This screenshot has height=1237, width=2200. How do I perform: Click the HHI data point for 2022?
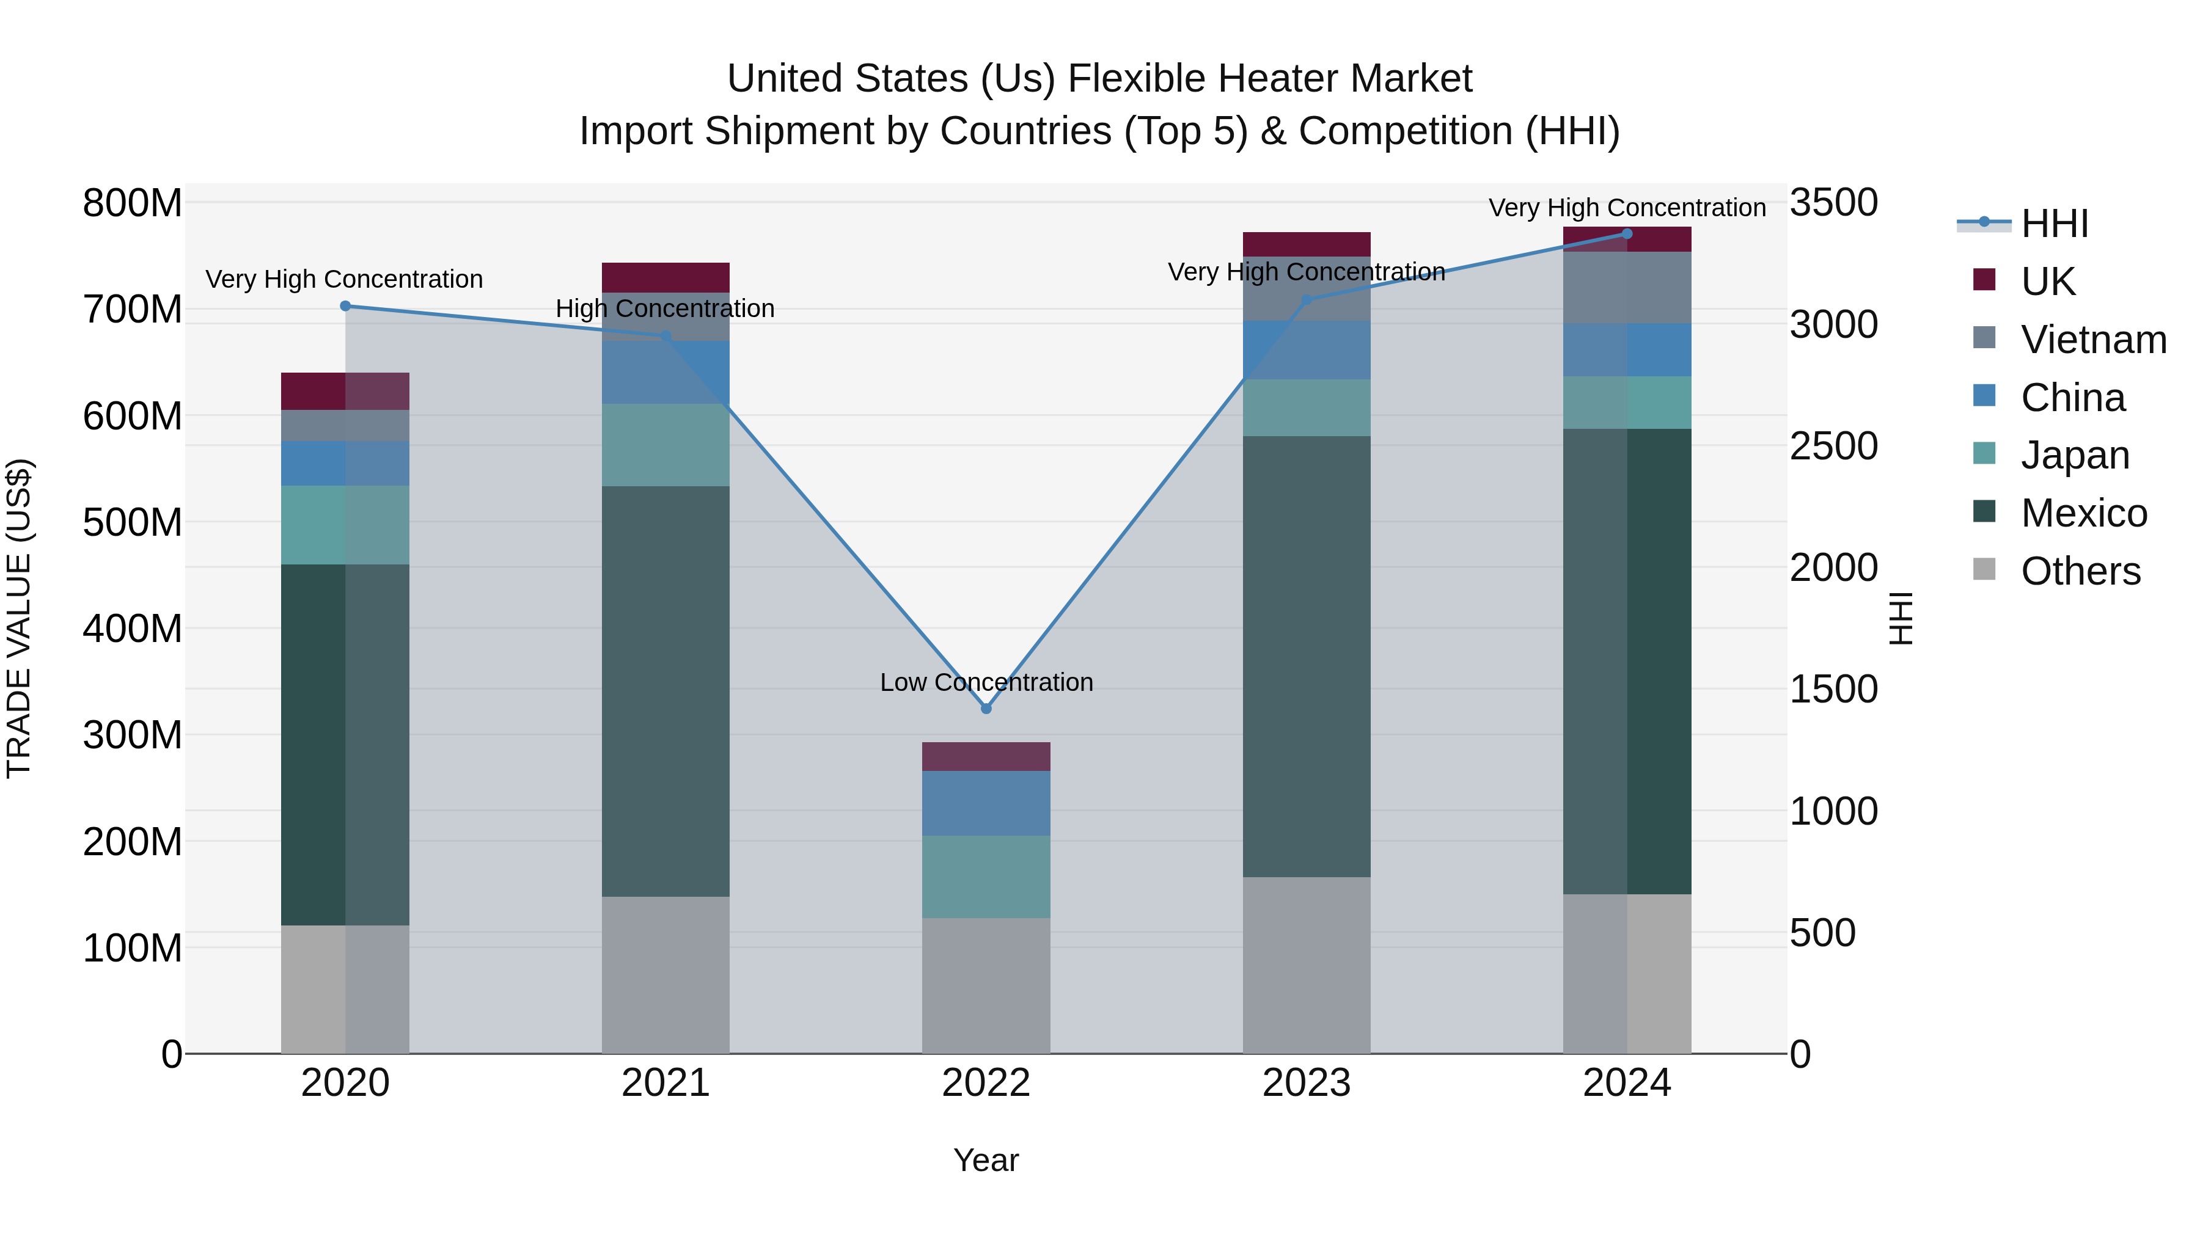point(986,709)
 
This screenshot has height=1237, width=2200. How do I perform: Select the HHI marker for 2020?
point(345,305)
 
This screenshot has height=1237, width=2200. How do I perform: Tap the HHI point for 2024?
point(1627,234)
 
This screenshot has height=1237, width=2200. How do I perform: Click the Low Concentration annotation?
point(986,682)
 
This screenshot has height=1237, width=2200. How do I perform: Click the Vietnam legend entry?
point(2092,340)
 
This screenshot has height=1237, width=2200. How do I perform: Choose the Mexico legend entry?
point(2083,513)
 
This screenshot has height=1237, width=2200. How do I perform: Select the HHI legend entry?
point(2054,224)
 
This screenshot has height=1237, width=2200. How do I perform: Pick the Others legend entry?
point(2080,571)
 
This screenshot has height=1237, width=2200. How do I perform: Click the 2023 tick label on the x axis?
point(1306,1083)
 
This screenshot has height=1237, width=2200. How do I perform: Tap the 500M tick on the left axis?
point(133,522)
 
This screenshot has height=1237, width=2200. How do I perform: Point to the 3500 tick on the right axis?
point(1833,203)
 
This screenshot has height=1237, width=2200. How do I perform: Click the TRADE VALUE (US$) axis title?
point(19,618)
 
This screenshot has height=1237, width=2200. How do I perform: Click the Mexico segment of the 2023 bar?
point(1306,657)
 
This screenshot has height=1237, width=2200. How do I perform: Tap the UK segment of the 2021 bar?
point(665,277)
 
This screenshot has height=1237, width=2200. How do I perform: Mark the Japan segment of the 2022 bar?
point(986,877)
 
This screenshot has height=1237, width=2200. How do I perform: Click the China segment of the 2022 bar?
point(986,803)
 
